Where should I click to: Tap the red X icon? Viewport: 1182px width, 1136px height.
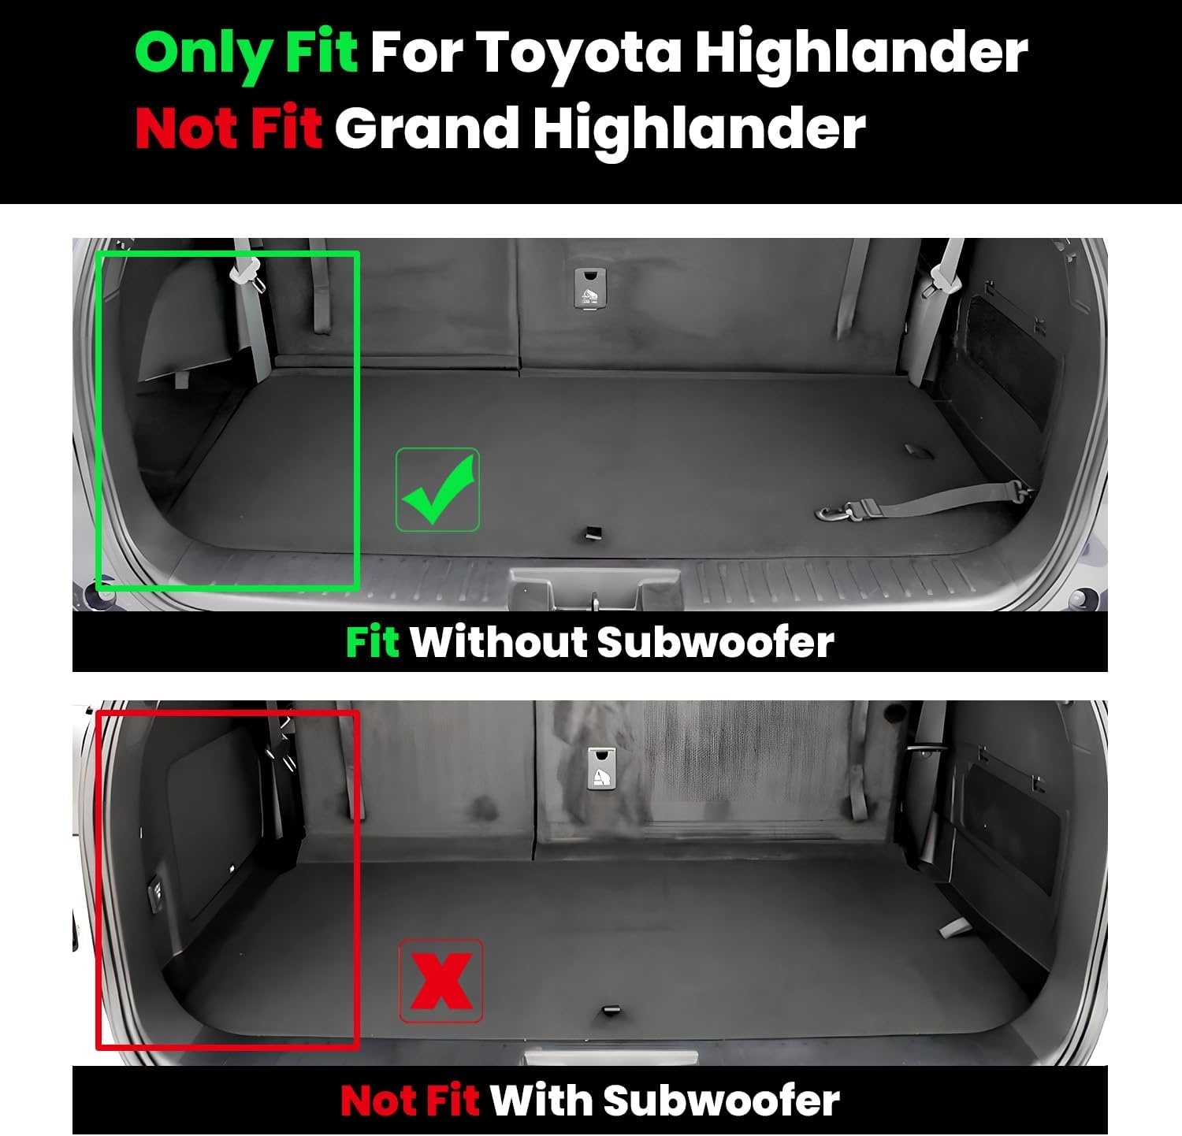(x=441, y=981)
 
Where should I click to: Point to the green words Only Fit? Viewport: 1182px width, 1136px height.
(x=246, y=54)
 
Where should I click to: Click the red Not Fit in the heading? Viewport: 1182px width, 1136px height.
(x=229, y=128)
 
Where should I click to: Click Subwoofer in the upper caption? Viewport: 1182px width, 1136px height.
(x=716, y=641)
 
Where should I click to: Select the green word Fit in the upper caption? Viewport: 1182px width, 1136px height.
(x=372, y=641)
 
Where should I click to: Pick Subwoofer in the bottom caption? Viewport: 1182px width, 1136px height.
(x=721, y=1101)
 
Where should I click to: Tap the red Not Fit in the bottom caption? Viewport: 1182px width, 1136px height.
(x=410, y=1101)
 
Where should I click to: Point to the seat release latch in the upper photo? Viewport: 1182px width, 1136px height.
(x=589, y=288)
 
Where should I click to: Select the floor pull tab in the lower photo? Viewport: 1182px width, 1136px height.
(x=611, y=1011)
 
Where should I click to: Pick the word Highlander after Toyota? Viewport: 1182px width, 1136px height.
(x=861, y=54)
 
